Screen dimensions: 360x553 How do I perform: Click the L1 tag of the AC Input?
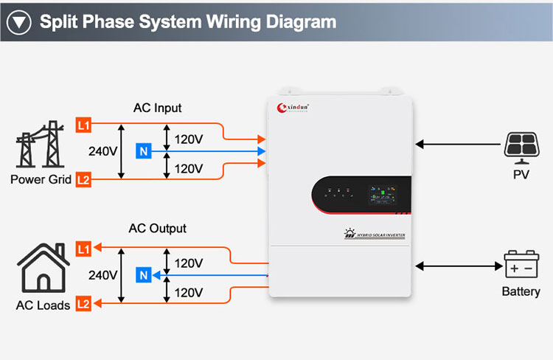point(83,125)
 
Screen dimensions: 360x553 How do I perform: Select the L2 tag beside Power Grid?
point(83,179)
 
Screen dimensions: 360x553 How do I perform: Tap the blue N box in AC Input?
point(144,152)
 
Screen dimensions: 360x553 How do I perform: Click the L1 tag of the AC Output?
point(83,249)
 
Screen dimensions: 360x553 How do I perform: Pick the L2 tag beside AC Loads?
point(83,302)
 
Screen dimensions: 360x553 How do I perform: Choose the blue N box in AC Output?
point(144,276)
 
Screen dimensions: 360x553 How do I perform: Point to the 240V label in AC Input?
point(103,152)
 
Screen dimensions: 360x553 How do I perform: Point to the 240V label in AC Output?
point(103,275)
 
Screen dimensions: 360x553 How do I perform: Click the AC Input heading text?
point(157,108)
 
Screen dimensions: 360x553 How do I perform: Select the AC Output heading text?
point(157,229)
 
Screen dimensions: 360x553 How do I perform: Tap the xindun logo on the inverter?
point(293,108)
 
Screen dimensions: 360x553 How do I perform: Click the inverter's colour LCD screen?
point(384,198)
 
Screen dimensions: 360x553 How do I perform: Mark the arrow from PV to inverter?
point(457,145)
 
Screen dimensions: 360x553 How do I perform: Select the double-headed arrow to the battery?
point(457,265)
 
